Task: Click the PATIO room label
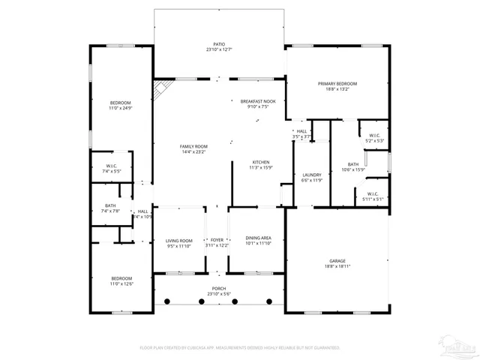pos(219,44)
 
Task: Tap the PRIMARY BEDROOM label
pos(337,83)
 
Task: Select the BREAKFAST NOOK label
pos(258,100)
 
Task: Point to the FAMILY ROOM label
pos(193,146)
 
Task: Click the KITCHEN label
pos(260,162)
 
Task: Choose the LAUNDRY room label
pos(311,175)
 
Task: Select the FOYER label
pos(217,239)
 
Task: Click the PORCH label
pos(219,289)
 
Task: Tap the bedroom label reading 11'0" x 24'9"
pos(121,103)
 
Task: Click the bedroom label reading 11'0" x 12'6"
pos(121,279)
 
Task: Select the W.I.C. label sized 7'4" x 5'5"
pos(111,166)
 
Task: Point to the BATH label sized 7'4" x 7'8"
pos(110,205)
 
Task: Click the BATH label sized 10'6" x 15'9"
pos(353,164)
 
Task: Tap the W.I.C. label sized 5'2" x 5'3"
pos(374,136)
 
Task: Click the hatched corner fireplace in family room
pos(160,90)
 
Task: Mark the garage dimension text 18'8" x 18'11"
pos(337,266)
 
